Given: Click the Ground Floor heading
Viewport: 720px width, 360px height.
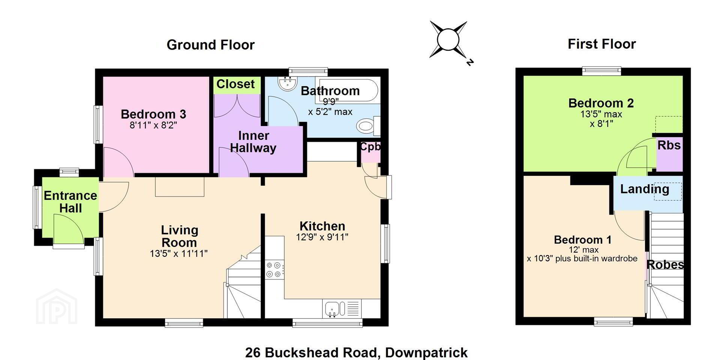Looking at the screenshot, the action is [x=210, y=45].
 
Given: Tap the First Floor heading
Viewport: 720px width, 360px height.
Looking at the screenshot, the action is [x=601, y=44].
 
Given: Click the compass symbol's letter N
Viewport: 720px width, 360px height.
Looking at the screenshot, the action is [x=470, y=62].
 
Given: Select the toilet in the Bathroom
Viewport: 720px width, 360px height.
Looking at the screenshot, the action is [x=368, y=126].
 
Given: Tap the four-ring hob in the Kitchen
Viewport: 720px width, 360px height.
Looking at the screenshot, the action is [x=274, y=270].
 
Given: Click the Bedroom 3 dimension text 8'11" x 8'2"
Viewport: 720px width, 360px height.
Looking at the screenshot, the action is [x=153, y=125].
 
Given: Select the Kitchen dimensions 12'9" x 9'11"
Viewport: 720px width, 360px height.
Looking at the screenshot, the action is [x=322, y=237].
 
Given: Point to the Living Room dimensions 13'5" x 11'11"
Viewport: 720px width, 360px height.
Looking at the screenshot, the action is [x=179, y=253].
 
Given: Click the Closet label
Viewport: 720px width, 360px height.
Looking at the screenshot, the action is [x=235, y=84].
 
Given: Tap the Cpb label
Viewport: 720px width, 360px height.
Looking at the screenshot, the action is [x=370, y=147].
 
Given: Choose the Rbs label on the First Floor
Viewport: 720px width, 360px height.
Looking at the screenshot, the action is [x=669, y=145].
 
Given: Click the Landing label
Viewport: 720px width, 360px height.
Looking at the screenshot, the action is [x=645, y=189].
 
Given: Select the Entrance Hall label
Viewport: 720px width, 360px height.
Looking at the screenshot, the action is [x=70, y=202].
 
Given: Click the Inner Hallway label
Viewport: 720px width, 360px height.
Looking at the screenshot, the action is [x=253, y=142].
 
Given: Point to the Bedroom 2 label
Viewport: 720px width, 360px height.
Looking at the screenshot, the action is [x=601, y=103].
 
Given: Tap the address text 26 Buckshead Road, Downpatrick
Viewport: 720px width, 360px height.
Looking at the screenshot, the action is [x=356, y=352].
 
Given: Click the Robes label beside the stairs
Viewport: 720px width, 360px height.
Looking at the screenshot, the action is [x=665, y=265].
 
